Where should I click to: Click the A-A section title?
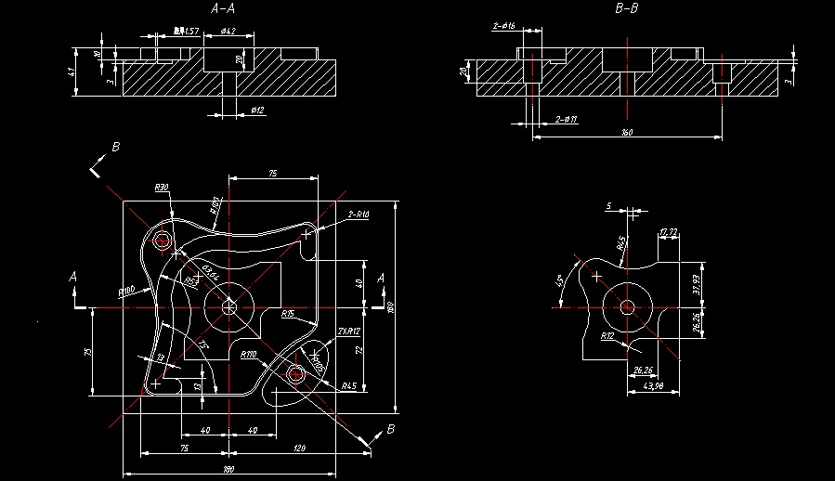tap(223, 8)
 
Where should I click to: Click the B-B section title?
tap(627, 8)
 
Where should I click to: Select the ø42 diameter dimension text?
tap(228, 32)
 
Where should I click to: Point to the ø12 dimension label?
tap(257, 110)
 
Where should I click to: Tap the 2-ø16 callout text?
tap(504, 25)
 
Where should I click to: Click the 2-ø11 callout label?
tap(566, 119)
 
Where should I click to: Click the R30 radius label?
tap(162, 188)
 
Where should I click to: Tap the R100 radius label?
tap(127, 291)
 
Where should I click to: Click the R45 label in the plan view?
tap(349, 385)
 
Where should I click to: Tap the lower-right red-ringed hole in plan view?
tap(296, 374)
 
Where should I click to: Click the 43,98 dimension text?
tap(654, 386)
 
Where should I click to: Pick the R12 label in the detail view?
tap(608, 335)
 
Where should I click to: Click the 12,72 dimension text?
tap(668, 230)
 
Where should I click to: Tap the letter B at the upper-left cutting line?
tap(116, 147)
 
